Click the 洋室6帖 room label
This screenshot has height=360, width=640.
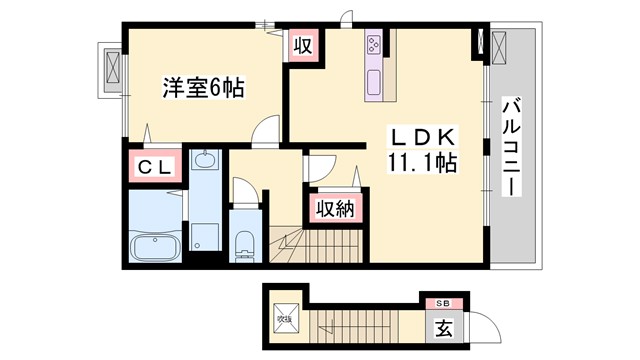(x=203, y=88)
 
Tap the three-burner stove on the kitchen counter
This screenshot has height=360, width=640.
(x=374, y=44)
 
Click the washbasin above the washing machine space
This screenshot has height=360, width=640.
(x=204, y=160)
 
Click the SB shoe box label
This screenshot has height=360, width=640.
(x=441, y=302)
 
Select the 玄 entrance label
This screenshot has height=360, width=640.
(x=441, y=326)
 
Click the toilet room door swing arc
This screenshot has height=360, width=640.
(x=242, y=190)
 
